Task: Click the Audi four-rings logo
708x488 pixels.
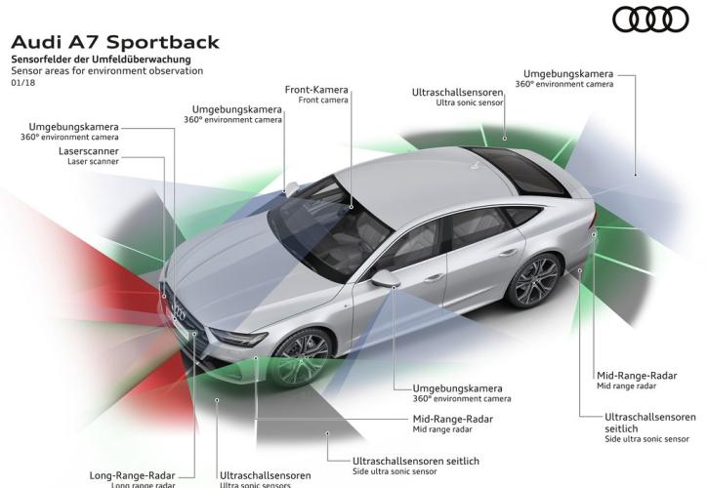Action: (650, 20)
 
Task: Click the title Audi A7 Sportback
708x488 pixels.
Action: (114, 42)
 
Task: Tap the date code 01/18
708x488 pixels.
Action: (22, 84)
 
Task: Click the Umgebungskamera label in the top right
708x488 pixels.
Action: (568, 73)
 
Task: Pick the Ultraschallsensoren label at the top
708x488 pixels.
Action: (471, 91)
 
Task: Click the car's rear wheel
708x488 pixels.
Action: (535, 280)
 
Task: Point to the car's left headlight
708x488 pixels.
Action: (238, 338)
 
